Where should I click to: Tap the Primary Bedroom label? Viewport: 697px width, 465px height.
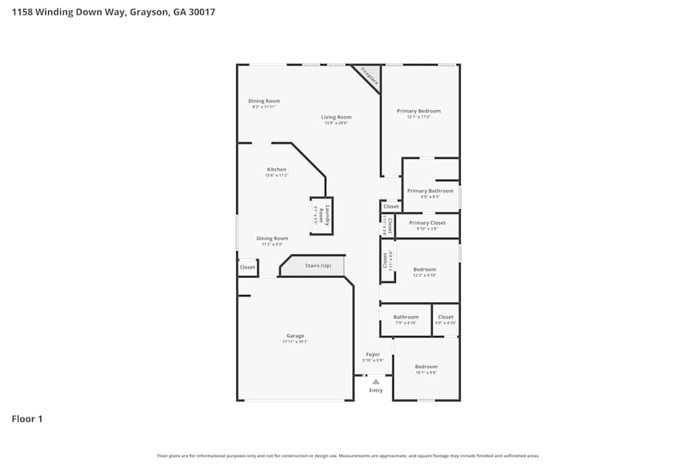pos(419,111)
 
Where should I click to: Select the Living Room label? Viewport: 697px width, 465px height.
pos(336,117)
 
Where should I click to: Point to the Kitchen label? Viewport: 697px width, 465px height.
pos(277,169)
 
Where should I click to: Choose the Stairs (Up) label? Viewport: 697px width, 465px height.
pos(318,266)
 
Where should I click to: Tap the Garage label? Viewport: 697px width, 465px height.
pos(295,336)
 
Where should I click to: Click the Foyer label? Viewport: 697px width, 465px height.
pos(373,355)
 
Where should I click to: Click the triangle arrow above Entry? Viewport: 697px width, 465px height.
pos(376,381)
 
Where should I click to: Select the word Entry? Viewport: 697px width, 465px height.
pos(376,390)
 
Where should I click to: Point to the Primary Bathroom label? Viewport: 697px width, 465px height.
pos(430,191)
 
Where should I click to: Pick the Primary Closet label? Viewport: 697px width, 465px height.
pos(427,223)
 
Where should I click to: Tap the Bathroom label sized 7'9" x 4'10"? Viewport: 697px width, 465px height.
pos(406,317)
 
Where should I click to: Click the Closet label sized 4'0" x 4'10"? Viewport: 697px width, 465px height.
pos(445,317)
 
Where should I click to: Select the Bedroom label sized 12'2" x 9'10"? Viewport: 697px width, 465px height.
pos(424,270)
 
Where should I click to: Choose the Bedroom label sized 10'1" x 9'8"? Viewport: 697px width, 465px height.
pos(426,367)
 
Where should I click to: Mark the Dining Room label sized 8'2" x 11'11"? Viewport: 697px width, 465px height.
pos(264,101)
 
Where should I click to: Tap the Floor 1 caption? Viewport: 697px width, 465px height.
pos(27,419)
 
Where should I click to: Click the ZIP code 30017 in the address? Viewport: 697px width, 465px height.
pos(200,12)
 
